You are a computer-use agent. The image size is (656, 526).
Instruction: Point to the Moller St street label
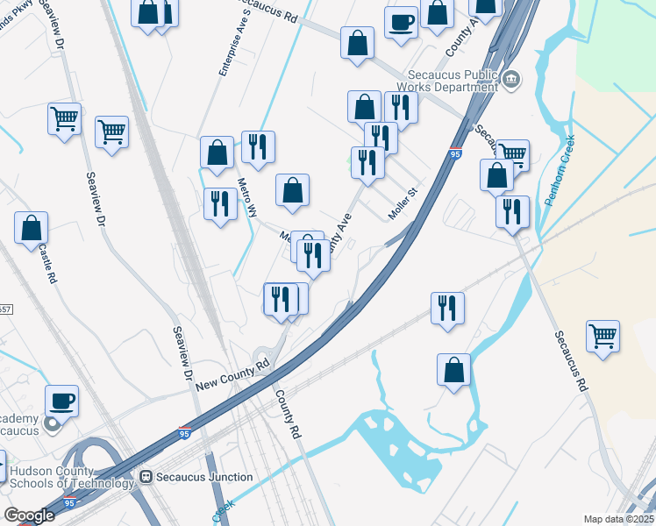401,210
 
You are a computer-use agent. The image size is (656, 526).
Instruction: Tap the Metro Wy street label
248,198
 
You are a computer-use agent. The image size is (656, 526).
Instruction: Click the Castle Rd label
46,263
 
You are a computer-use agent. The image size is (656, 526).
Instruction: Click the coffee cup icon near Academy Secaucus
61,401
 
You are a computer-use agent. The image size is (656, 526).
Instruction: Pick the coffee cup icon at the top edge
402,22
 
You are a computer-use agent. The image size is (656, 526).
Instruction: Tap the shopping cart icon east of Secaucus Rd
603,336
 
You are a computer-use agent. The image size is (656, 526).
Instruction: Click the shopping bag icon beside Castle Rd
31,228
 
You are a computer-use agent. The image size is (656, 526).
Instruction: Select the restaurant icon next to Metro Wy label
219,204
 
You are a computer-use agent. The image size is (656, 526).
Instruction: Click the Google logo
29,515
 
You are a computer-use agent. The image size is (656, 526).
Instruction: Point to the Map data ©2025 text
618,519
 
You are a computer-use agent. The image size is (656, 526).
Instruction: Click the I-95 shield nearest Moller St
455,154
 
